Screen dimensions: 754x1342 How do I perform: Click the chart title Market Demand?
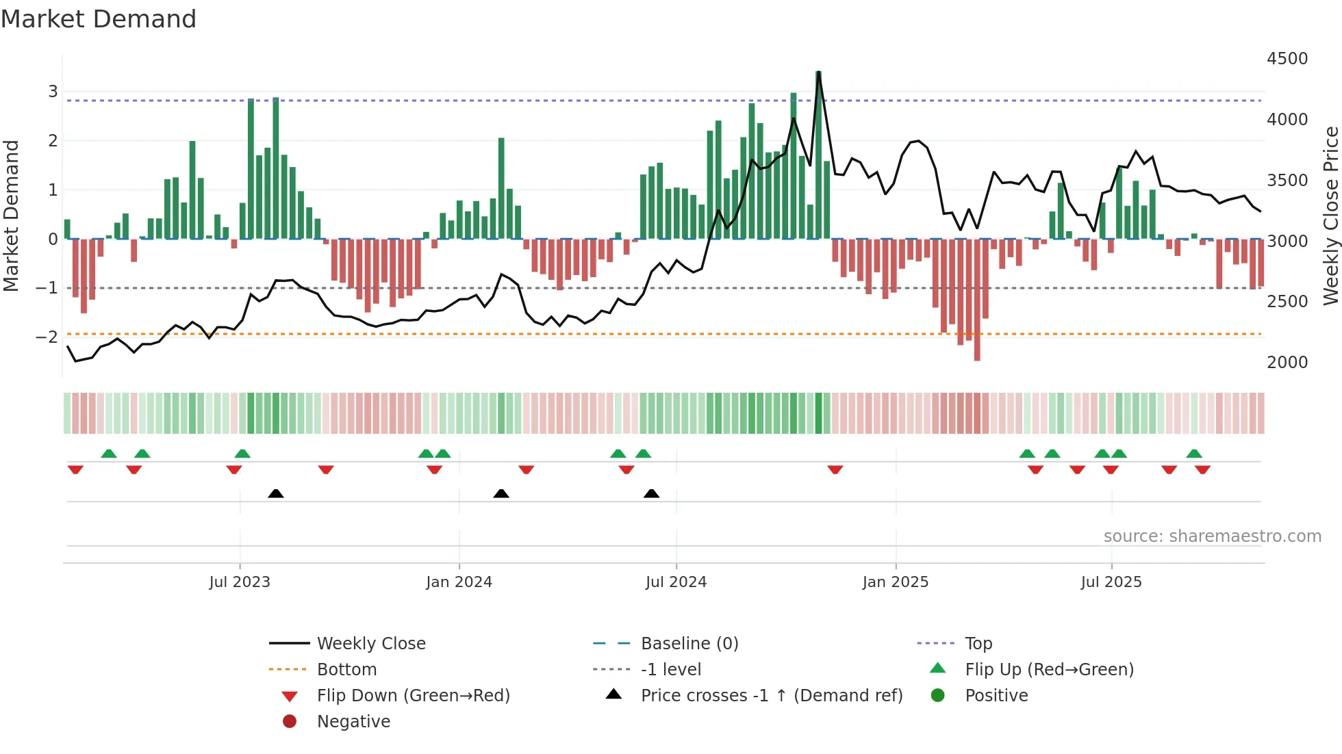(x=99, y=19)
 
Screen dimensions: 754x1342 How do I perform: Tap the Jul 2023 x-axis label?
(x=240, y=582)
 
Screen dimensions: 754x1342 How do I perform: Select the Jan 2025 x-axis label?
(x=895, y=582)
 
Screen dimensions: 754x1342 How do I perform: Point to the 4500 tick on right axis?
(x=1287, y=59)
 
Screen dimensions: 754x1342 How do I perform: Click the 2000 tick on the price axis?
(x=1287, y=363)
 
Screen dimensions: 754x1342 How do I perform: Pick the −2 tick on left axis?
(x=47, y=337)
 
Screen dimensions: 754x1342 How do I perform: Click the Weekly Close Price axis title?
(x=1330, y=216)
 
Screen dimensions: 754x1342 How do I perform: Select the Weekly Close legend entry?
(x=370, y=644)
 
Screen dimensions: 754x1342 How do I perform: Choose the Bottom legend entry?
(x=346, y=670)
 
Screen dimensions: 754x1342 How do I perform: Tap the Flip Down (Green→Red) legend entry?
(x=413, y=696)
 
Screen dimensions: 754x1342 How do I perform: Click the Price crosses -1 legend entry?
(x=771, y=696)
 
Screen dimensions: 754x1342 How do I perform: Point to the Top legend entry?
(x=978, y=644)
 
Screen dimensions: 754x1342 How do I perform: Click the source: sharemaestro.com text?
(x=1212, y=536)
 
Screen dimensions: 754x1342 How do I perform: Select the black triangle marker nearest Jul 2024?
(x=651, y=493)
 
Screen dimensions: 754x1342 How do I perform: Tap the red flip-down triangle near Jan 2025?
(x=835, y=469)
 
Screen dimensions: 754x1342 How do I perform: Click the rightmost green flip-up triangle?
(x=1194, y=454)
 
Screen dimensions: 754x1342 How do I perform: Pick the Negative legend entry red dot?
(x=290, y=722)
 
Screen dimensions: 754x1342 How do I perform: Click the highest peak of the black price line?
(x=819, y=73)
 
